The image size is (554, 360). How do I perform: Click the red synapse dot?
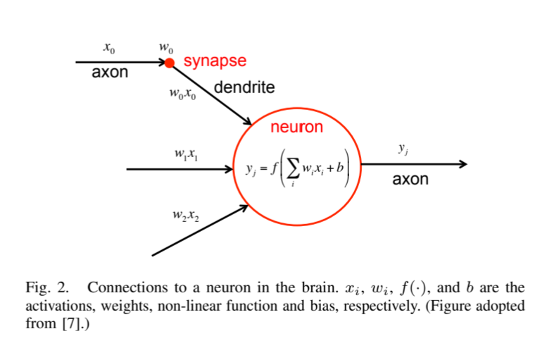tap(169, 63)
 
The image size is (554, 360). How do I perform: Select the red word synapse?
tap(215, 61)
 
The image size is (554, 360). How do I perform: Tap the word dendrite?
tap(244, 88)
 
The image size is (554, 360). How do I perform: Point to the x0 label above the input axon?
tap(108, 49)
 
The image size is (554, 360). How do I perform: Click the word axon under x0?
tap(111, 73)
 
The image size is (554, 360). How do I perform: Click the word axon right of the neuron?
tap(410, 179)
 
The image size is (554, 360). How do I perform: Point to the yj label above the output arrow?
tap(403, 149)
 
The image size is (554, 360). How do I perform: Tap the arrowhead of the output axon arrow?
tap(462, 164)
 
